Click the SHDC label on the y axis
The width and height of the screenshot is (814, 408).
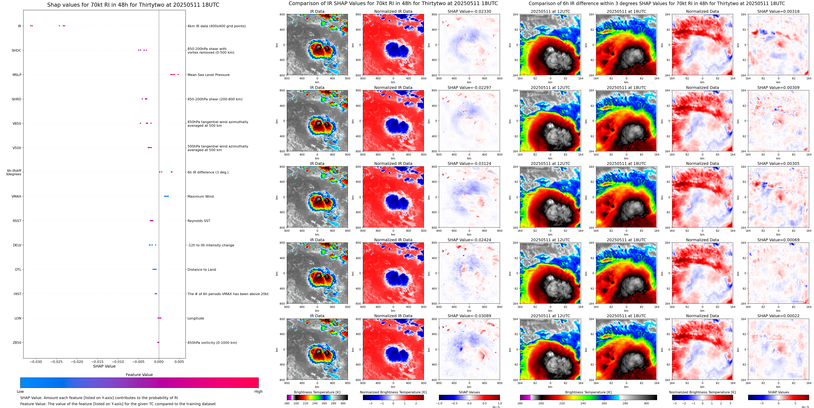(16, 50)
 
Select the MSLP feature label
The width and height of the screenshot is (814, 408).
(17, 75)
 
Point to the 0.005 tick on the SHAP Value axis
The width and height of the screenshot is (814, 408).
(179, 361)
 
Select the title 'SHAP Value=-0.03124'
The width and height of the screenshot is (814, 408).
(469, 164)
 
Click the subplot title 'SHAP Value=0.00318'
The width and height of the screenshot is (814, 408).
(778, 11)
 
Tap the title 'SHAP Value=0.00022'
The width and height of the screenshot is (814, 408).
(778, 316)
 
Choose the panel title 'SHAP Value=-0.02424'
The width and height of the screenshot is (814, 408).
(469, 240)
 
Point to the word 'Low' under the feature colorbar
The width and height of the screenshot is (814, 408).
(20, 392)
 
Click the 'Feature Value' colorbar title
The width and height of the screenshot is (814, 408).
(139, 375)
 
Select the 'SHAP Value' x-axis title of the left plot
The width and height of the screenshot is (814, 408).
(104, 366)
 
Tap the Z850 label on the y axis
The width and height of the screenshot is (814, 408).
(17, 342)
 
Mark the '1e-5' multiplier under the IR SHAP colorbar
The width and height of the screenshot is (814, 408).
(496, 407)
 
